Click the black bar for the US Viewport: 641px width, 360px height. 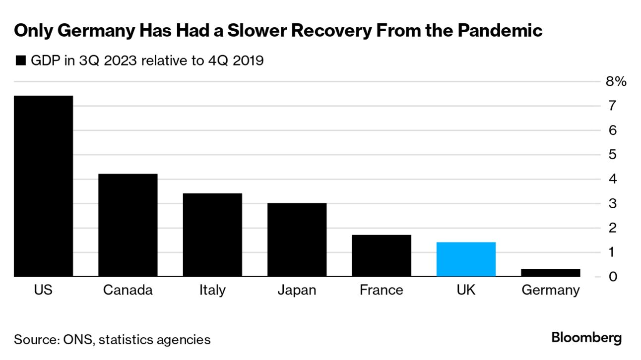tap(43, 186)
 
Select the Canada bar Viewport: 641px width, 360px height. tap(128, 225)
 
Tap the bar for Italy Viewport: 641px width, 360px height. tap(212, 235)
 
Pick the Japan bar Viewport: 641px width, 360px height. tap(297, 240)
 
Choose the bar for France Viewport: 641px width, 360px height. tap(382, 255)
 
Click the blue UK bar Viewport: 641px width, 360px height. tap(466, 259)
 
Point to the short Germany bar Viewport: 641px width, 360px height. tap(550, 273)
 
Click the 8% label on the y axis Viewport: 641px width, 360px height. tap(616, 82)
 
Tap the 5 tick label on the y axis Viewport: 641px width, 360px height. tap(613, 155)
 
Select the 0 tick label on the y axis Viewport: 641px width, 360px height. tap(613, 277)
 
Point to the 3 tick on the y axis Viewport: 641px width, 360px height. tap(613, 204)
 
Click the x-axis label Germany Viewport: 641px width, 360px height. tap(550, 290)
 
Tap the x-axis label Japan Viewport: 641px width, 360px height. tap(297, 290)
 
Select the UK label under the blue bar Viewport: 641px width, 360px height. tap(466, 290)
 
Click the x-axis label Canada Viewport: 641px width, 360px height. tap(128, 290)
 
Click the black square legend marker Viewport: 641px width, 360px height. tap(20, 61)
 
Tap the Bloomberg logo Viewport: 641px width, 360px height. tap(586, 338)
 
